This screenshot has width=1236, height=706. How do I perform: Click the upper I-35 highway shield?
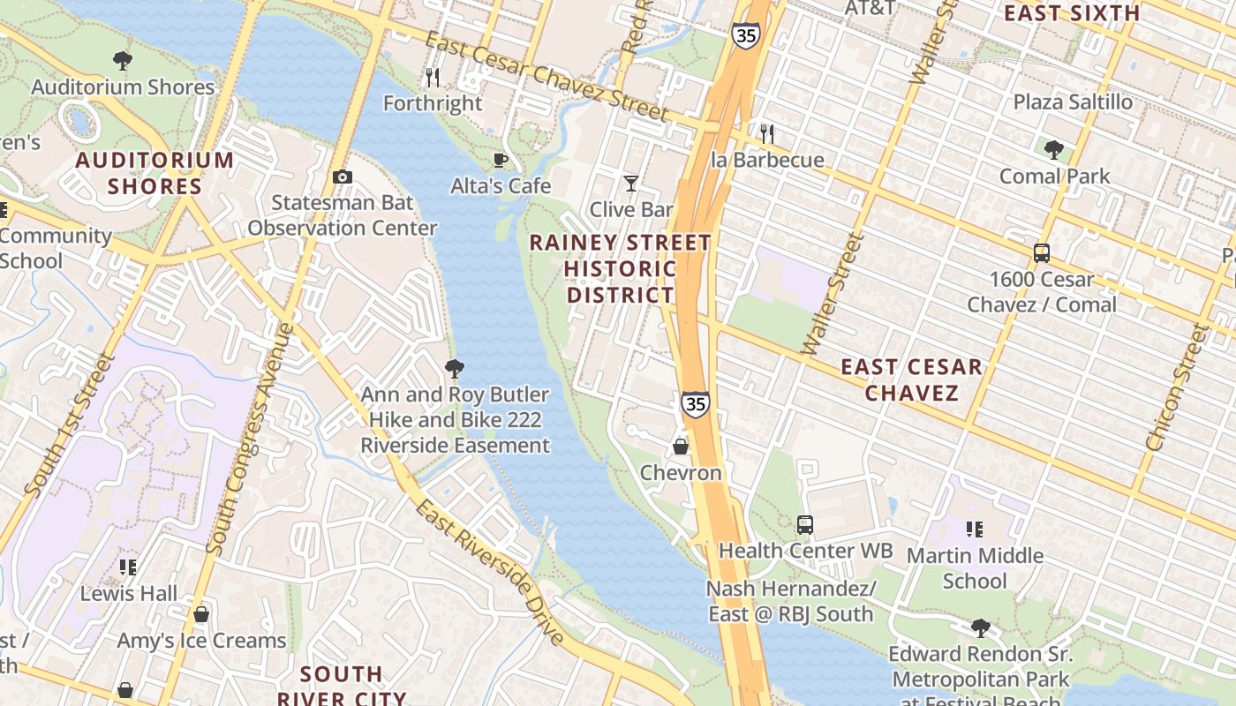click(744, 36)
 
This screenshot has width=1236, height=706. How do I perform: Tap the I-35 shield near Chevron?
click(695, 404)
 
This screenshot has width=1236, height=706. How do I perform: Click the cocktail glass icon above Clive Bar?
click(630, 184)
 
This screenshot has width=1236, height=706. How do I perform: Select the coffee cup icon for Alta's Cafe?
click(500, 161)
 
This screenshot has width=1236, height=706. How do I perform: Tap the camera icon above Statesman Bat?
click(343, 177)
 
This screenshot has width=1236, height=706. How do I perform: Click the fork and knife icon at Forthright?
click(433, 78)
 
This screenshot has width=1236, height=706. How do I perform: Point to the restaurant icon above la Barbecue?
click(767, 134)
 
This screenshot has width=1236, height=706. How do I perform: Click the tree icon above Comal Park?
click(1053, 150)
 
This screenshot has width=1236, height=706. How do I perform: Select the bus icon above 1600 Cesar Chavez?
click(1042, 253)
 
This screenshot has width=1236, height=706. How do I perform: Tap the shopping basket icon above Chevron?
click(681, 447)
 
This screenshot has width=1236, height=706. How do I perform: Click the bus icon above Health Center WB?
click(805, 525)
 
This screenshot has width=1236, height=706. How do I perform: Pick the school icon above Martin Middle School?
click(975, 529)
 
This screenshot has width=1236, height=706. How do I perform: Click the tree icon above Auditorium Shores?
click(123, 61)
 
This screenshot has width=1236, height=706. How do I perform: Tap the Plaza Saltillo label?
click(1073, 102)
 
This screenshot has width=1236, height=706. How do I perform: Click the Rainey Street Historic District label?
click(621, 268)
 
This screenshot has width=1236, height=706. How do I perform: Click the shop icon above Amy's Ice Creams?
click(201, 614)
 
